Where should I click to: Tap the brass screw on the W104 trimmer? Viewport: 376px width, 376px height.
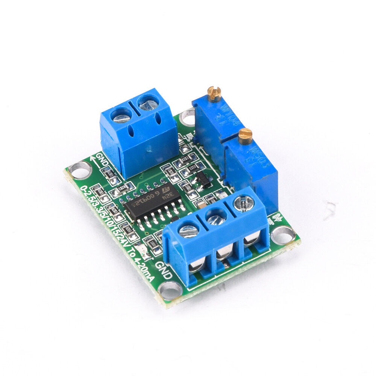[214, 94]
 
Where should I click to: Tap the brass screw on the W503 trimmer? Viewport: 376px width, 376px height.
[245, 136]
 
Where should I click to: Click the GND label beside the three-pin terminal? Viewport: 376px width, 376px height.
[164, 270]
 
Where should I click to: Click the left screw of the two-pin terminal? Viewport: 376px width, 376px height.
[121, 114]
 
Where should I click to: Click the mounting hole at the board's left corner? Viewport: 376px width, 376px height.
[80, 171]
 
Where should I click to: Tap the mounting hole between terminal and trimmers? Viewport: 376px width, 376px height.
[187, 117]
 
